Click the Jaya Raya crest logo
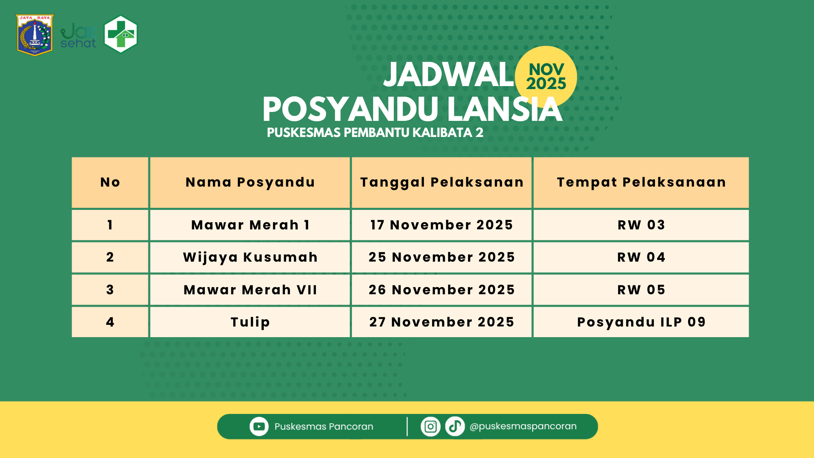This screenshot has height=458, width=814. point(35,35)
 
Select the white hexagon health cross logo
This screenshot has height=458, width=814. point(121,34)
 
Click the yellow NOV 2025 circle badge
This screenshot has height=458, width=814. point(546,76)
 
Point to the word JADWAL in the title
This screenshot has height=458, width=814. point(449,75)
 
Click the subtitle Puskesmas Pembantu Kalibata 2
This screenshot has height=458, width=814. point(375,133)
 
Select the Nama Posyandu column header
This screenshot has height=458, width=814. point(250,182)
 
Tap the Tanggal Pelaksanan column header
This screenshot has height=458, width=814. point(442,182)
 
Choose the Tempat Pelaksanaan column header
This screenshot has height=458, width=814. point(641,182)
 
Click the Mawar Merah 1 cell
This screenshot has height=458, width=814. point(250,225)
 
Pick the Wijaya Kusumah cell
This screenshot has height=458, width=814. point(250,257)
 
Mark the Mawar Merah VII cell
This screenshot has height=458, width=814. point(250,290)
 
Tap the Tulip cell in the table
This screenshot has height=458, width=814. point(250,322)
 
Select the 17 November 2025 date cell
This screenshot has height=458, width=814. point(442,225)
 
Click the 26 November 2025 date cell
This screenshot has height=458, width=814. point(442,290)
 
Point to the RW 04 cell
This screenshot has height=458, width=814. point(641,257)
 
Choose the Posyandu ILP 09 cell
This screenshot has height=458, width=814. point(641,322)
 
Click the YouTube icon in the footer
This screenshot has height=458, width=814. point(259,427)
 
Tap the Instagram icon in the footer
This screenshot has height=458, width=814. point(430,427)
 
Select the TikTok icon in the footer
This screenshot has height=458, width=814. point(455,427)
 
